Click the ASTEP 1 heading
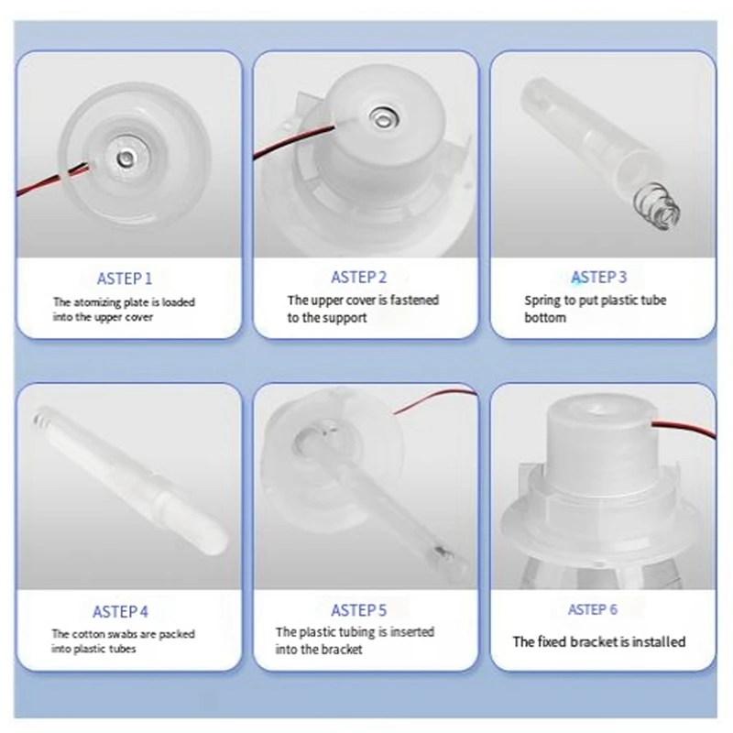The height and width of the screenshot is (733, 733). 125,279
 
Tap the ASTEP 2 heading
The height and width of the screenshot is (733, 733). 358,277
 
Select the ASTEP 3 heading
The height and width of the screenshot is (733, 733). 599,277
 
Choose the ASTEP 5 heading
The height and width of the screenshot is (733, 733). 358,610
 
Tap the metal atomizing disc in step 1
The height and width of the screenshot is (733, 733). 121,159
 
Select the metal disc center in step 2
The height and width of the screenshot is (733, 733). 382,116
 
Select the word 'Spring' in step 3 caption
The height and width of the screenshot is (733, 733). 542,300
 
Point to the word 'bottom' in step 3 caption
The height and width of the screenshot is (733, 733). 545,318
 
